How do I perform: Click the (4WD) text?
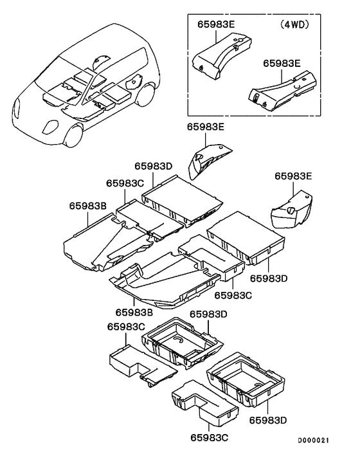tap(294, 24)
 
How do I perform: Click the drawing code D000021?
tap(314, 440)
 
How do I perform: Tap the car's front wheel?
tap(73, 135)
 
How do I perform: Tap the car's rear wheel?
tap(146, 95)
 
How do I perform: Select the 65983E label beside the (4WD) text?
tap(217, 24)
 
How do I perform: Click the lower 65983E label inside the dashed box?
tap(282, 64)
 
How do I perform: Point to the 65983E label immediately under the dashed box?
tap(206, 127)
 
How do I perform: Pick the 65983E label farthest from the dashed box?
tap(293, 176)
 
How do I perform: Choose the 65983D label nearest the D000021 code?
tap(268, 420)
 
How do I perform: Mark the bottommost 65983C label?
tap(209, 437)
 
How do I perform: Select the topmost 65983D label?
tap(154, 166)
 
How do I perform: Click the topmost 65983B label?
tap(87, 206)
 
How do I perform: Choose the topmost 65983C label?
tap(125, 183)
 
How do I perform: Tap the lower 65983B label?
tap(134, 313)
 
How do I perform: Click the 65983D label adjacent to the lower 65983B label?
tap(208, 314)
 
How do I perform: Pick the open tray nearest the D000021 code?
tap(246, 380)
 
